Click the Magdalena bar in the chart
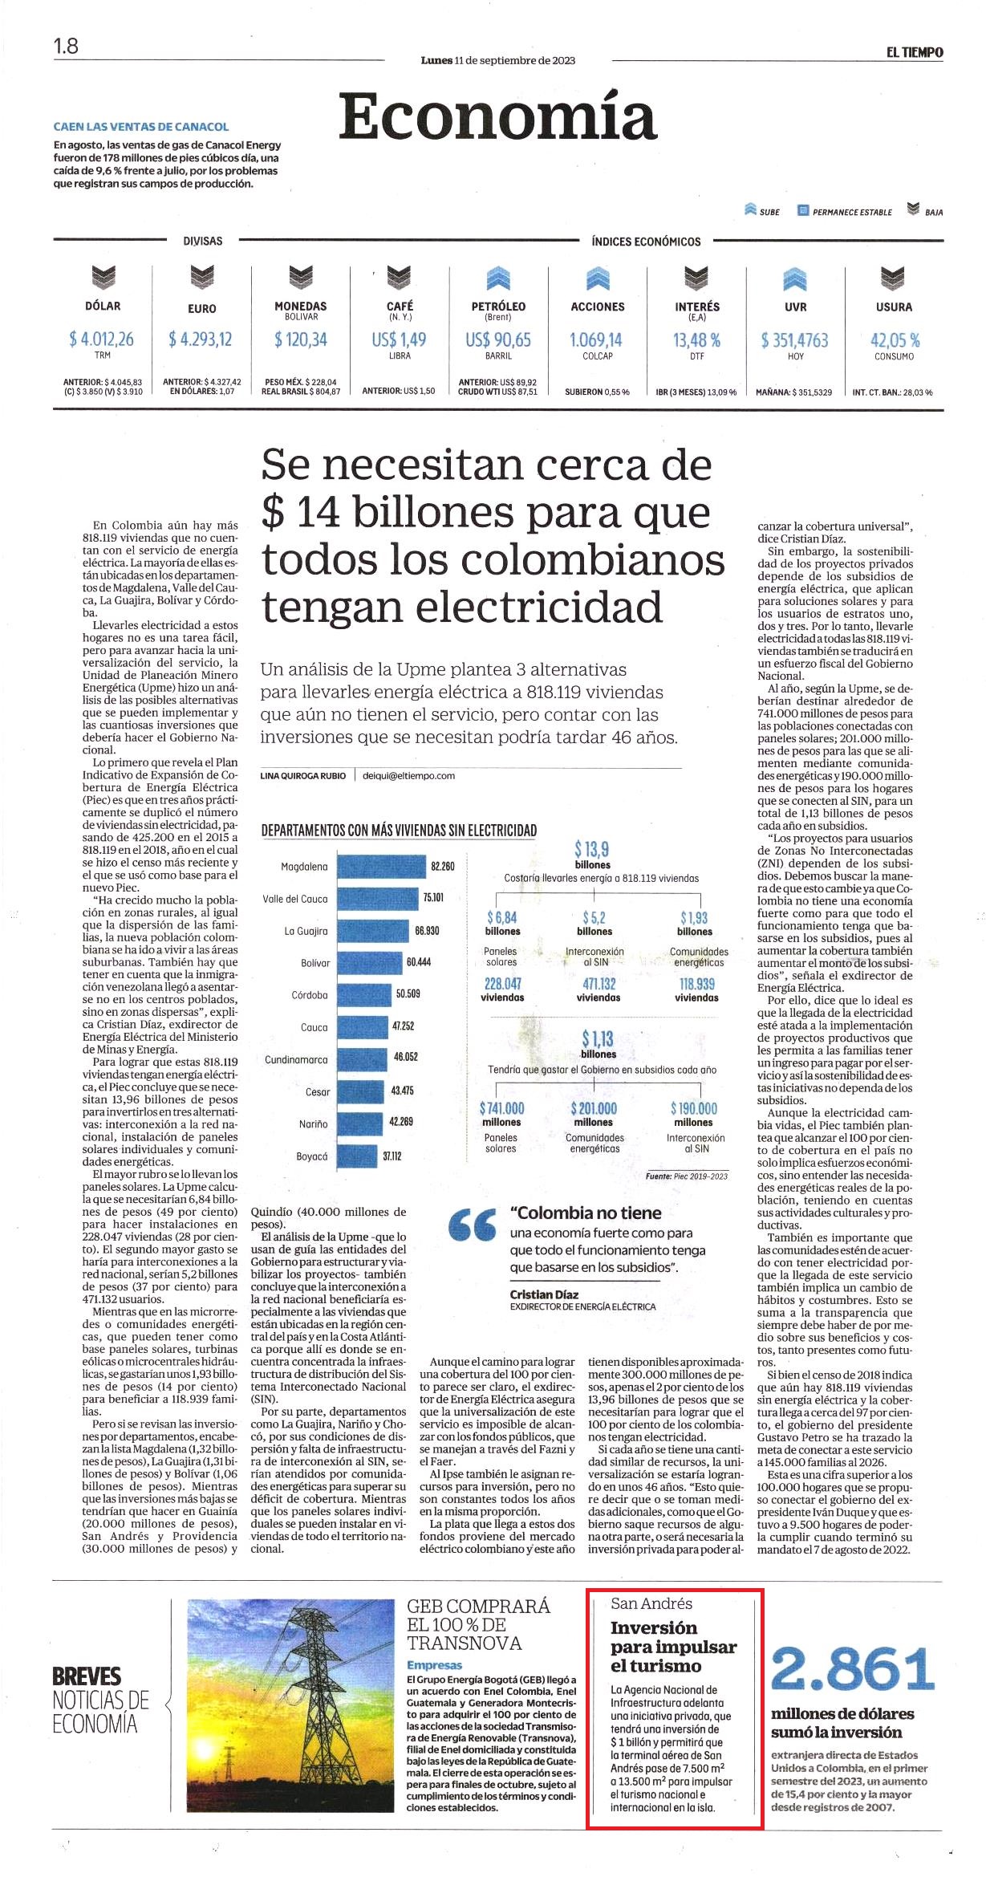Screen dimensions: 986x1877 click(382, 867)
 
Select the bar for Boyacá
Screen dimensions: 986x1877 click(357, 1156)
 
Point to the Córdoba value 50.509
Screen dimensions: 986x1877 click(408, 993)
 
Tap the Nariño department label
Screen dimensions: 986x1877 click(314, 1123)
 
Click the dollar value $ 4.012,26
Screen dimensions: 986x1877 click(102, 339)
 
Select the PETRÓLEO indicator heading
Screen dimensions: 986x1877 click(498, 306)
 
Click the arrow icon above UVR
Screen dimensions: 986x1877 click(794, 278)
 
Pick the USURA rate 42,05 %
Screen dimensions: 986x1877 click(895, 339)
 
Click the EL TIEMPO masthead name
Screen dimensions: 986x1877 click(915, 53)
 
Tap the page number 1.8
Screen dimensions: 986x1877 click(66, 47)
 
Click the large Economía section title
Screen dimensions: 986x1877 click(497, 116)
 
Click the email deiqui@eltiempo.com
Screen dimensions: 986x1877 click(409, 775)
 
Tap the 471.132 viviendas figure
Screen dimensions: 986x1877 click(598, 989)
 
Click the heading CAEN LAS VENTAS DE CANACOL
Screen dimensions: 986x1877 click(141, 127)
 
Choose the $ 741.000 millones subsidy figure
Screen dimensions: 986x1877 click(501, 1114)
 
